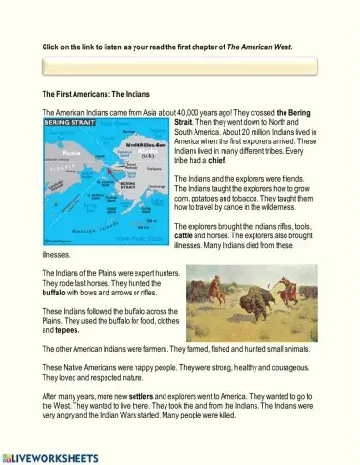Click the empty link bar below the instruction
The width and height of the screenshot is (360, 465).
pyautogui.click(x=179, y=66)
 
